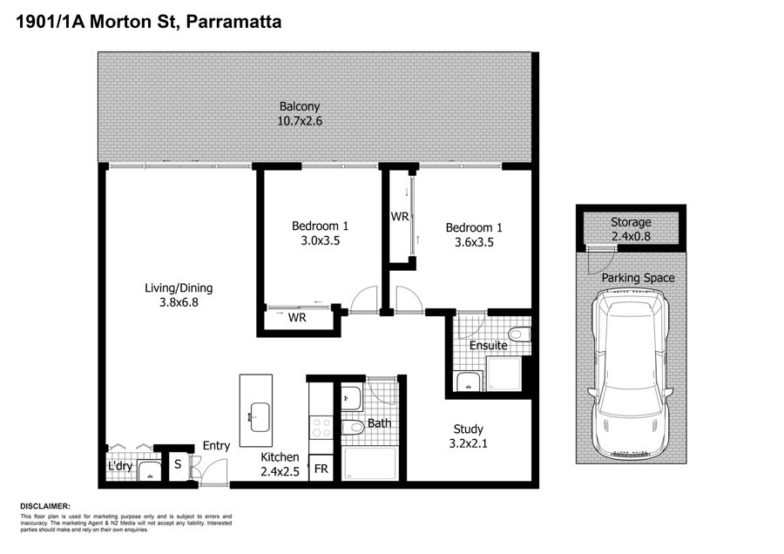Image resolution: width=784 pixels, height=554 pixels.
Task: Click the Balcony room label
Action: pos(299,106)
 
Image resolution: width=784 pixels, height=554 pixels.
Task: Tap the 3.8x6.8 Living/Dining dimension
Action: pos(179,302)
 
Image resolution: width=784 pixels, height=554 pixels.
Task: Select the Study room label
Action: pos(468,429)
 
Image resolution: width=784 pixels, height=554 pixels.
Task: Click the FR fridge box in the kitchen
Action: pos(321,469)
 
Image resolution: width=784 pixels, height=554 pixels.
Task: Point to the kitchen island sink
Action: pos(260,416)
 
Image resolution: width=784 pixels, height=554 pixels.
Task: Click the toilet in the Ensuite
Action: pos(519,334)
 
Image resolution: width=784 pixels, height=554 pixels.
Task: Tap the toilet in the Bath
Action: pos(353,428)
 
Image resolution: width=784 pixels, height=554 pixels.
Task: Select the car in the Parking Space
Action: pos(630,370)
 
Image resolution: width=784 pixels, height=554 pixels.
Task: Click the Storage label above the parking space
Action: pos(631,222)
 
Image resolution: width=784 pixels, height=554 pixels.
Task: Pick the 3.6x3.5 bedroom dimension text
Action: pos(474,242)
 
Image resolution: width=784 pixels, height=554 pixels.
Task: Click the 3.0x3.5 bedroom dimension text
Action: pos(320,241)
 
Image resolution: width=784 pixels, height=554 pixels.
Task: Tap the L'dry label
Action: pos(120,466)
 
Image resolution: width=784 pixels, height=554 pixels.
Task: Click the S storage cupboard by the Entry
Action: pos(178,464)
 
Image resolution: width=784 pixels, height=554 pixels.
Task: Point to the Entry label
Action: pos(216,445)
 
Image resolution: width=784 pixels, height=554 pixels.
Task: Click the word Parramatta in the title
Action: pos(233,22)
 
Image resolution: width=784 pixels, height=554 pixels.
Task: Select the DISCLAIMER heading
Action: pos(45,506)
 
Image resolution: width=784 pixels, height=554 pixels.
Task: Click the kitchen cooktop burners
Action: pos(321,428)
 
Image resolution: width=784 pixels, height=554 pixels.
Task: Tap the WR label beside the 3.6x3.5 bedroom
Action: pos(400,217)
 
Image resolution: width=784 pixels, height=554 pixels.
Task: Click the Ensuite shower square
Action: pos(504,374)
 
